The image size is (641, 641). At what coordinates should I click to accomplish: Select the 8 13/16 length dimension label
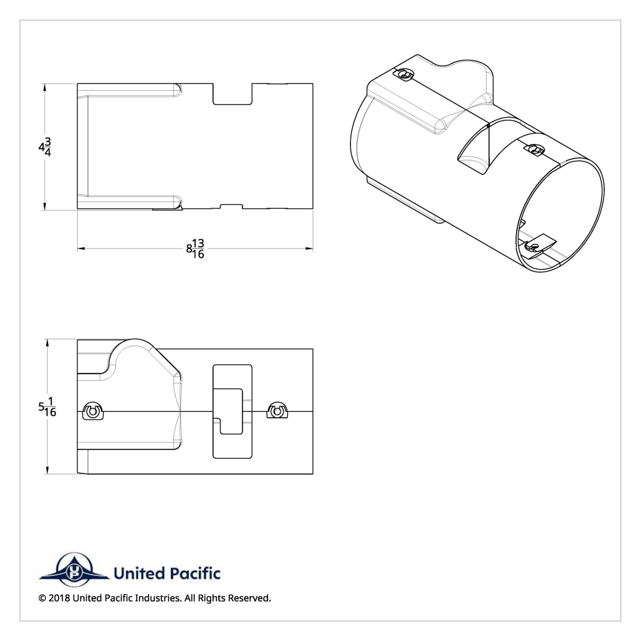[x=196, y=248]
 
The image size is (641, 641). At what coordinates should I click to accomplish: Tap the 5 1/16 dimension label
[x=48, y=408]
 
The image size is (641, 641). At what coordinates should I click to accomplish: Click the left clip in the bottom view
[x=94, y=411]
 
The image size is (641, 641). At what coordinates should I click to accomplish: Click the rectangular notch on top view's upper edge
[x=232, y=93]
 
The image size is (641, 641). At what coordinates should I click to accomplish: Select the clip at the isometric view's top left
[x=405, y=75]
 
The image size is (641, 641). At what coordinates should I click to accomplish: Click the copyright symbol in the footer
[x=42, y=598]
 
